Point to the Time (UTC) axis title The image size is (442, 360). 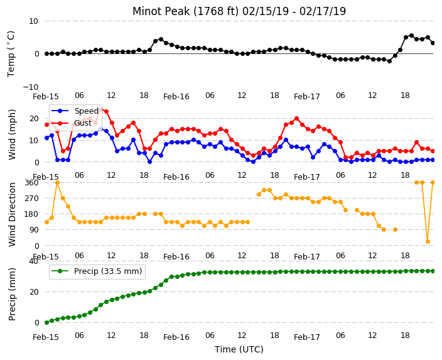click(239, 349)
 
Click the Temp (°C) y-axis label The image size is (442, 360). click(11, 54)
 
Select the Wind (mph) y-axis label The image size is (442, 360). click(12, 134)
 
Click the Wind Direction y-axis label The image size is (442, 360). click(12, 214)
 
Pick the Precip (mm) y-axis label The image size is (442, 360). click(12, 294)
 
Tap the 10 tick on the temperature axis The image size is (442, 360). click(33, 21)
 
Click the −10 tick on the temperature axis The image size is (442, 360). click(31, 87)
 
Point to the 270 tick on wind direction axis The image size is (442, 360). click(31, 199)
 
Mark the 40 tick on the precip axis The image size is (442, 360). click(34, 261)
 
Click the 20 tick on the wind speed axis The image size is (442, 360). click(34, 119)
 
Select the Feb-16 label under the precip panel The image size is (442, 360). click(176, 337)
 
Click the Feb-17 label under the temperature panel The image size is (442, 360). click(306, 97)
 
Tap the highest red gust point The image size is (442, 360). click(101, 110)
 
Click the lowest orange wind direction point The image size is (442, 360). click(428, 241)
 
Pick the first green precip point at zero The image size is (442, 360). click(47, 322)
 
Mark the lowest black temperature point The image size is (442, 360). click(389, 61)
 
